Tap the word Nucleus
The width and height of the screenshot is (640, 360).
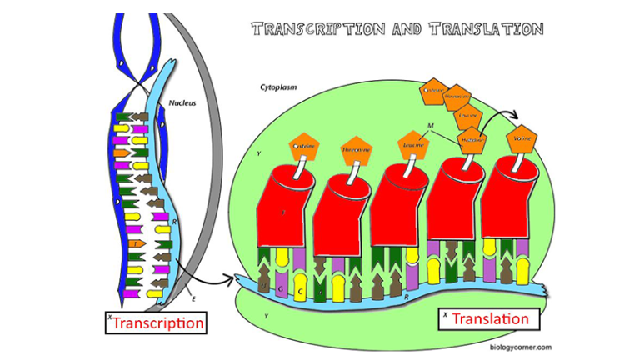pos(182,103)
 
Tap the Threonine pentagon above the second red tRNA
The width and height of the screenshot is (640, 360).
pos(356,150)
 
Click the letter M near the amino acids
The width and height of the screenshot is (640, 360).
pos(430,126)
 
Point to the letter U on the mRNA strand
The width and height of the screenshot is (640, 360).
pos(265,287)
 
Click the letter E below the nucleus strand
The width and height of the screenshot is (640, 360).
pos(192,297)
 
